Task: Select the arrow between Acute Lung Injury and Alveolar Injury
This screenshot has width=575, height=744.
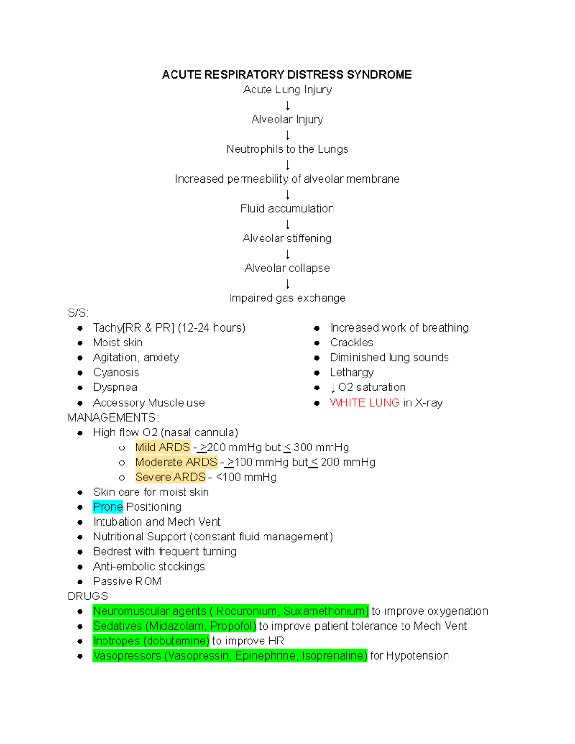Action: (287, 105)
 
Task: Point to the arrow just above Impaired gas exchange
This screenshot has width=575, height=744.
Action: (287, 284)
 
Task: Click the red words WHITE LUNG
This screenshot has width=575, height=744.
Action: (365, 403)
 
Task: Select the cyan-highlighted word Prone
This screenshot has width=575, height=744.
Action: (108, 507)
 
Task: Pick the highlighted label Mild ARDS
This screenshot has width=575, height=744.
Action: (162, 447)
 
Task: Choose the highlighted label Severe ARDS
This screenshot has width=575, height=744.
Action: (170, 477)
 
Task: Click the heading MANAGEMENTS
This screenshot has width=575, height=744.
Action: (112, 418)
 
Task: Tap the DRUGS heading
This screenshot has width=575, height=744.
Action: (88, 596)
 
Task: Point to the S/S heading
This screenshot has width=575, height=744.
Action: (78, 313)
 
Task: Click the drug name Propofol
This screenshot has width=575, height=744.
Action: (232, 626)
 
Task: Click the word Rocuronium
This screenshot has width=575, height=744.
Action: (247, 611)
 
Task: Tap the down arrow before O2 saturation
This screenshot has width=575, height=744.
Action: (333, 388)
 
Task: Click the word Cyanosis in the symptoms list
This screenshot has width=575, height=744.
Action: (116, 373)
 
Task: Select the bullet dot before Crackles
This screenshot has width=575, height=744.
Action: (317, 343)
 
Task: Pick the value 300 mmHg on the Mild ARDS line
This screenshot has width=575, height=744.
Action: (321, 447)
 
